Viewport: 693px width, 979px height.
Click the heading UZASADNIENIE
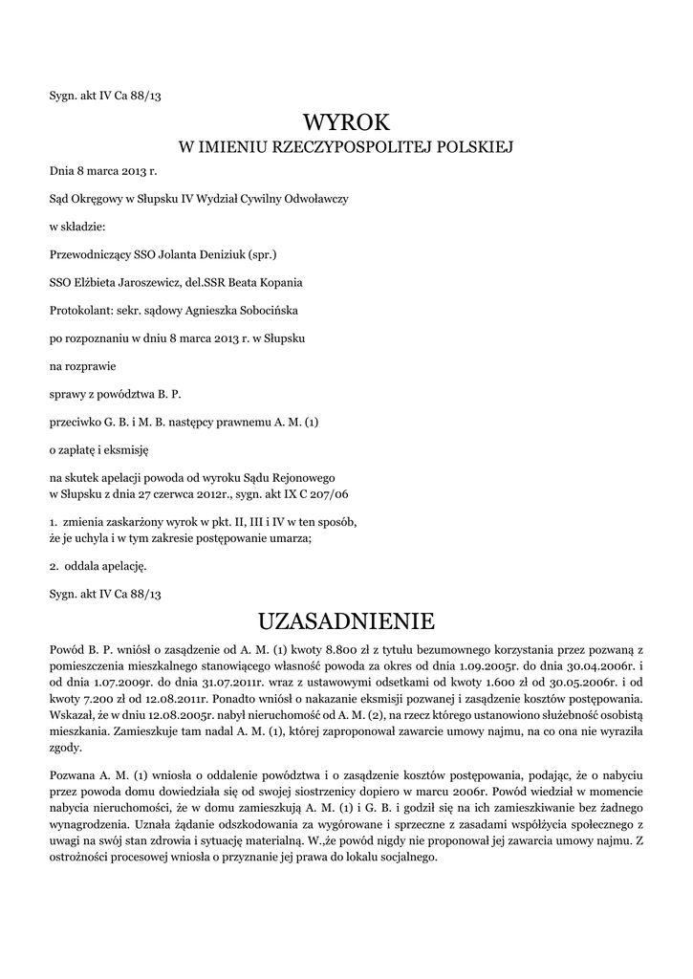[346, 622]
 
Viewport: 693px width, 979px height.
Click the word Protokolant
[78, 310]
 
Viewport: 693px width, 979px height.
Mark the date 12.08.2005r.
[169, 716]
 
